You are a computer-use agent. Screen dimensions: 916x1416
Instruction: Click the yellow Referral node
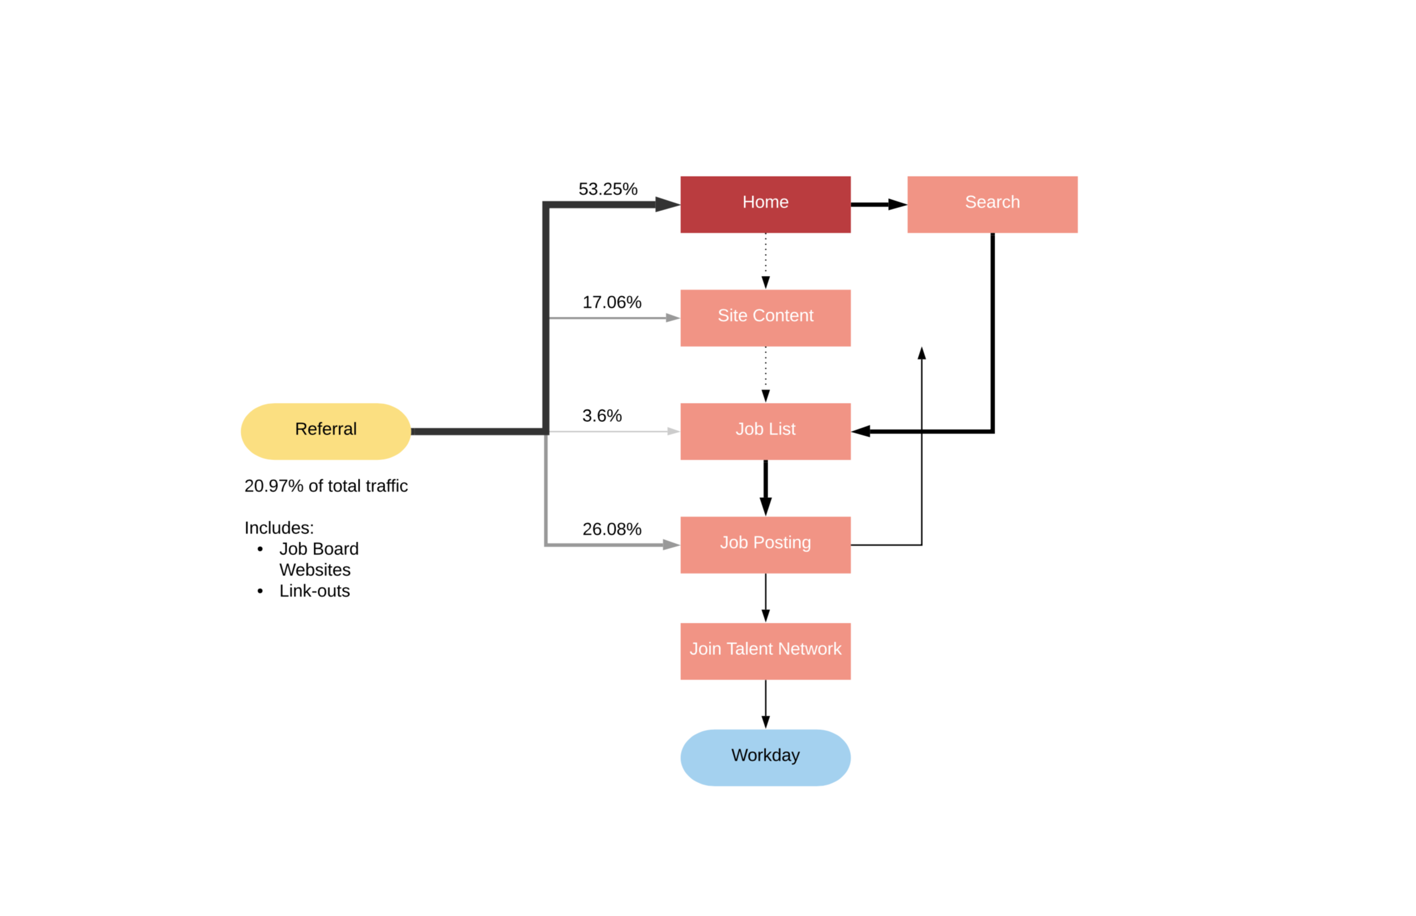coord(325,431)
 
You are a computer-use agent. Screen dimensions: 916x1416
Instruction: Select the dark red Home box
coord(765,204)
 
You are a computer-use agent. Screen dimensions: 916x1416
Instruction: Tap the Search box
coord(991,204)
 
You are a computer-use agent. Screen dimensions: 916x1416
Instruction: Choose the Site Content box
coord(765,318)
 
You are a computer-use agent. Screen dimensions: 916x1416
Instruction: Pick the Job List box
coord(765,431)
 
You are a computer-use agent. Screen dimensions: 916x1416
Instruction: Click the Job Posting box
coord(765,544)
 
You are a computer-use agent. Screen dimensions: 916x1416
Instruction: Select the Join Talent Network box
coord(765,651)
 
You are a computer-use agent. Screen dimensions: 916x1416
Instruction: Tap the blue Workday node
coord(765,757)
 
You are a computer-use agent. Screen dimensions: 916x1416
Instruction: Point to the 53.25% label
coord(607,189)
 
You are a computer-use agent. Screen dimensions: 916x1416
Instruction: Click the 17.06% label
coord(611,302)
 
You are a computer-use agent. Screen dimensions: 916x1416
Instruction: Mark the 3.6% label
coord(602,416)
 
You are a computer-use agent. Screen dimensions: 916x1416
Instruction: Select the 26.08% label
coord(611,529)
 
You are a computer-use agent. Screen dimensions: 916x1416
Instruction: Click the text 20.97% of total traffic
coord(326,486)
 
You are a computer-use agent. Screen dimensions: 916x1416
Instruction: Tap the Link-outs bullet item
coord(314,591)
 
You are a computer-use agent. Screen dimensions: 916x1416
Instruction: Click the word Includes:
coord(278,527)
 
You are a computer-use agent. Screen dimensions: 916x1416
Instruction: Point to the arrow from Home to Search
coord(877,204)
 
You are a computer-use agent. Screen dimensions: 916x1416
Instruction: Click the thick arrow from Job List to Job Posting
coord(765,487)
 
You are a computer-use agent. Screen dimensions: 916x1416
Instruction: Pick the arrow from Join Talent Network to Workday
coord(765,704)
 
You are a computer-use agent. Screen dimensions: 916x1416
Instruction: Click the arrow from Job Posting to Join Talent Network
coord(765,597)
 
